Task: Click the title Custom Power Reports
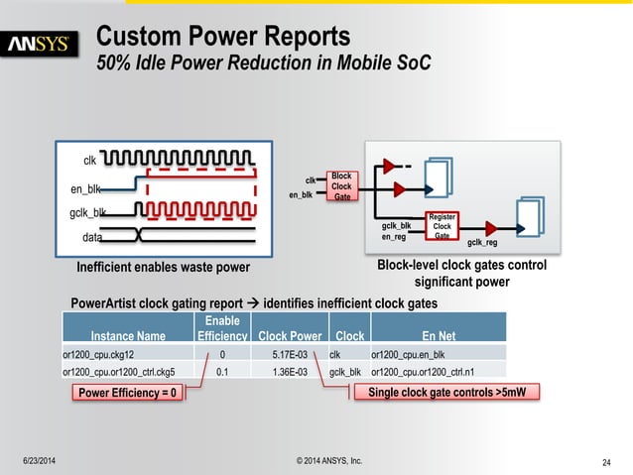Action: click(x=222, y=37)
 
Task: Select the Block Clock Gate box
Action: click(x=341, y=186)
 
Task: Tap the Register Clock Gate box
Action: click(x=442, y=226)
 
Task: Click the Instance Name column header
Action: click(x=128, y=336)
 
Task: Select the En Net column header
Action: click(x=437, y=336)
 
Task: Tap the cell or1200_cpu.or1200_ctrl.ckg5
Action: click(x=118, y=372)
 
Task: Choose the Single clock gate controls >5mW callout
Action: click(x=446, y=394)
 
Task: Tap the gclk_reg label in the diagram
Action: click(x=482, y=241)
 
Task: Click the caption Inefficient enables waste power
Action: click(x=164, y=267)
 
